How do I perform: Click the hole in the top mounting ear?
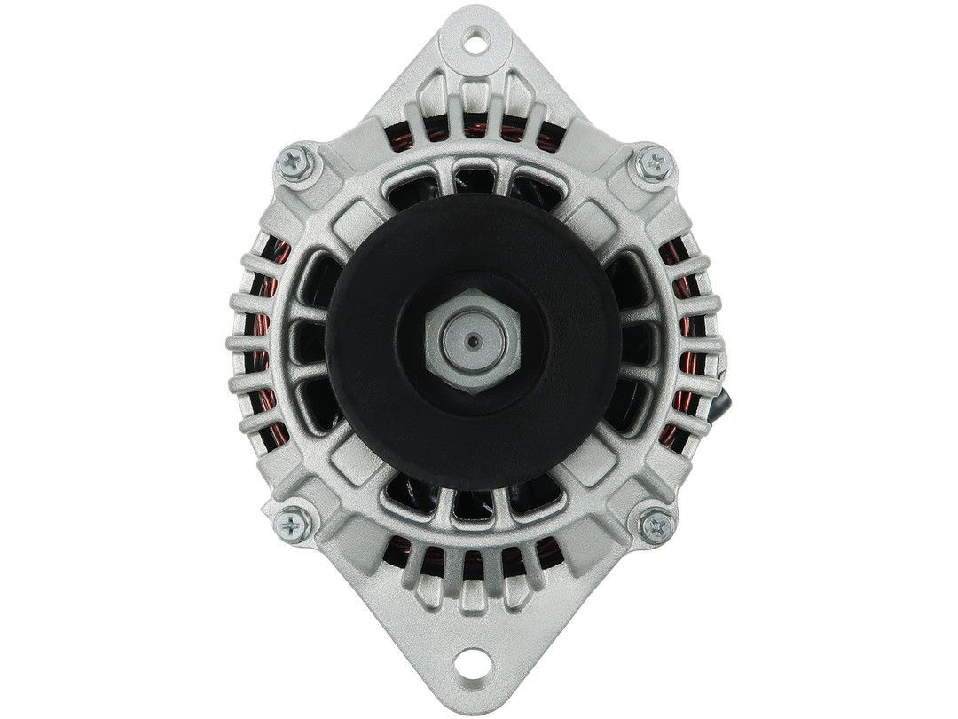(x=478, y=38)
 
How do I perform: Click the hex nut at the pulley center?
(x=470, y=341)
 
